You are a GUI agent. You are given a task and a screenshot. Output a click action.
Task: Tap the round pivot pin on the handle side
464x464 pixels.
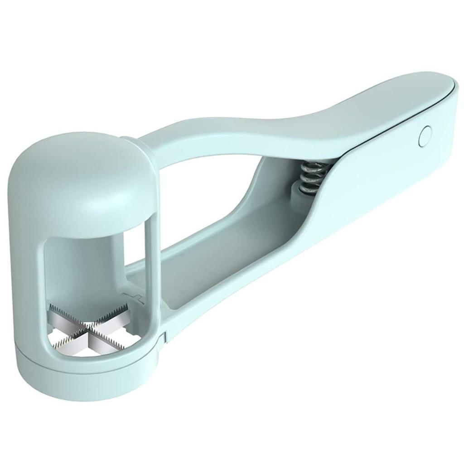(x=425, y=135)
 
